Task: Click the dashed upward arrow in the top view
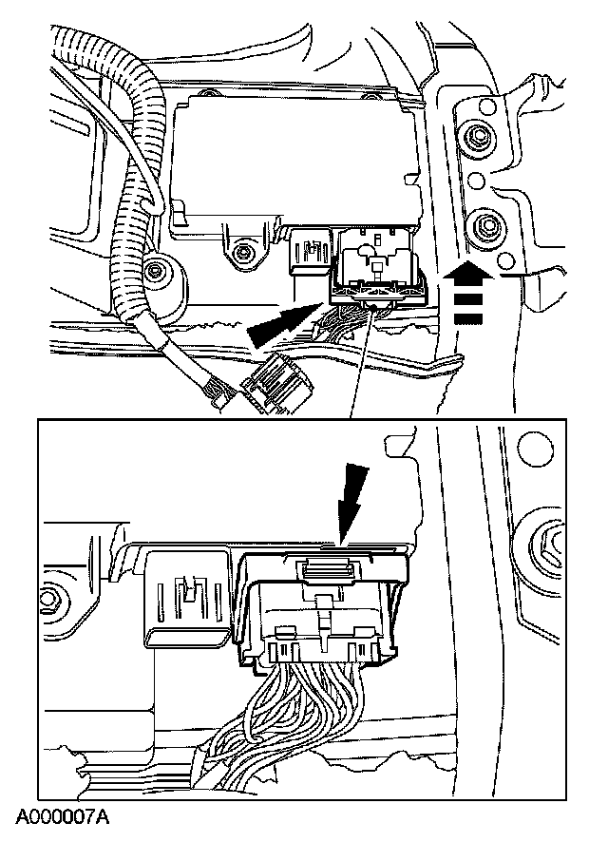(468, 294)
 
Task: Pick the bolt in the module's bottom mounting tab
(244, 252)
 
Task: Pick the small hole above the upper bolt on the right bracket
(485, 106)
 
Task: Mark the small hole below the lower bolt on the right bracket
(505, 261)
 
